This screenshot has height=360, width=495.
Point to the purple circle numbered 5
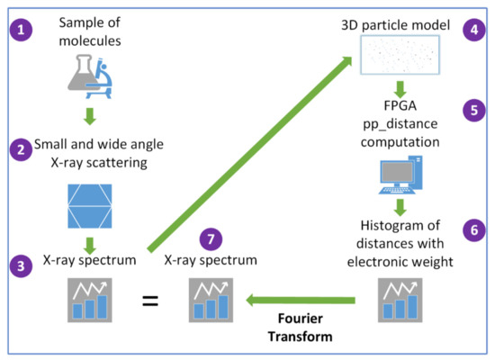coord(470,112)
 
